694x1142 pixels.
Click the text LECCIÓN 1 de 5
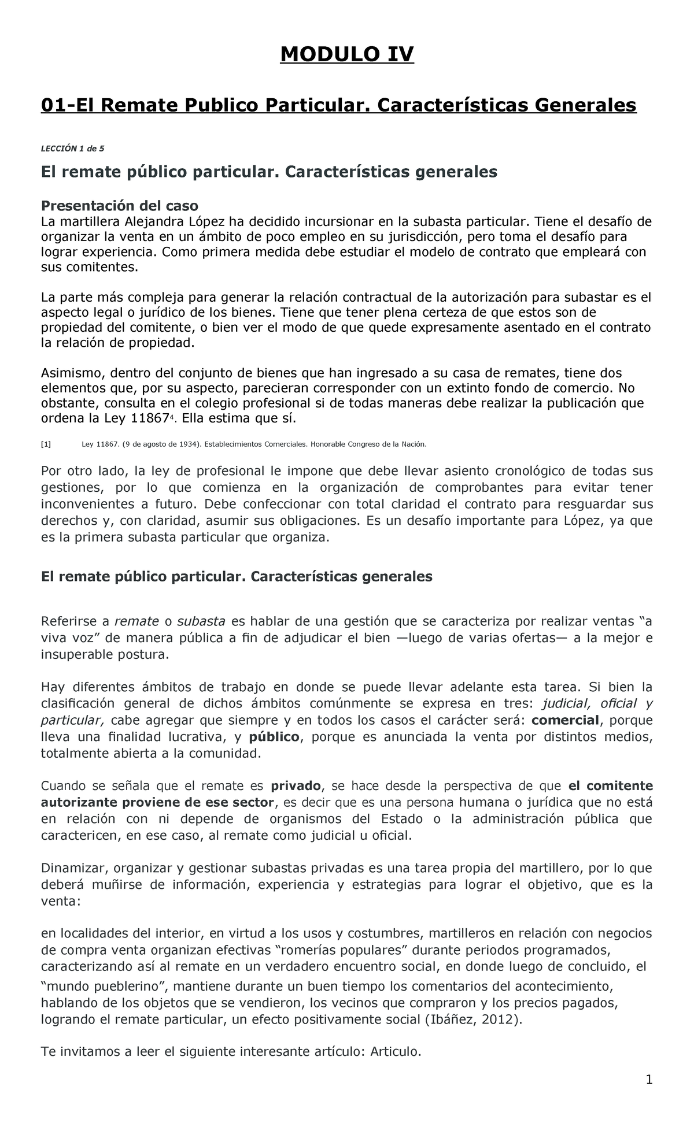(x=72, y=148)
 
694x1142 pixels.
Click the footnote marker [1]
(x=46, y=444)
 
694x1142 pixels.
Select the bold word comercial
(x=566, y=720)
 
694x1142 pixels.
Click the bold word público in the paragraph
(x=274, y=737)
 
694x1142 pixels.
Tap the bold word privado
(x=296, y=786)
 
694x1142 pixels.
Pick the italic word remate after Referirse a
(x=136, y=622)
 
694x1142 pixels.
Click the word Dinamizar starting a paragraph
(x=71, y=868)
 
